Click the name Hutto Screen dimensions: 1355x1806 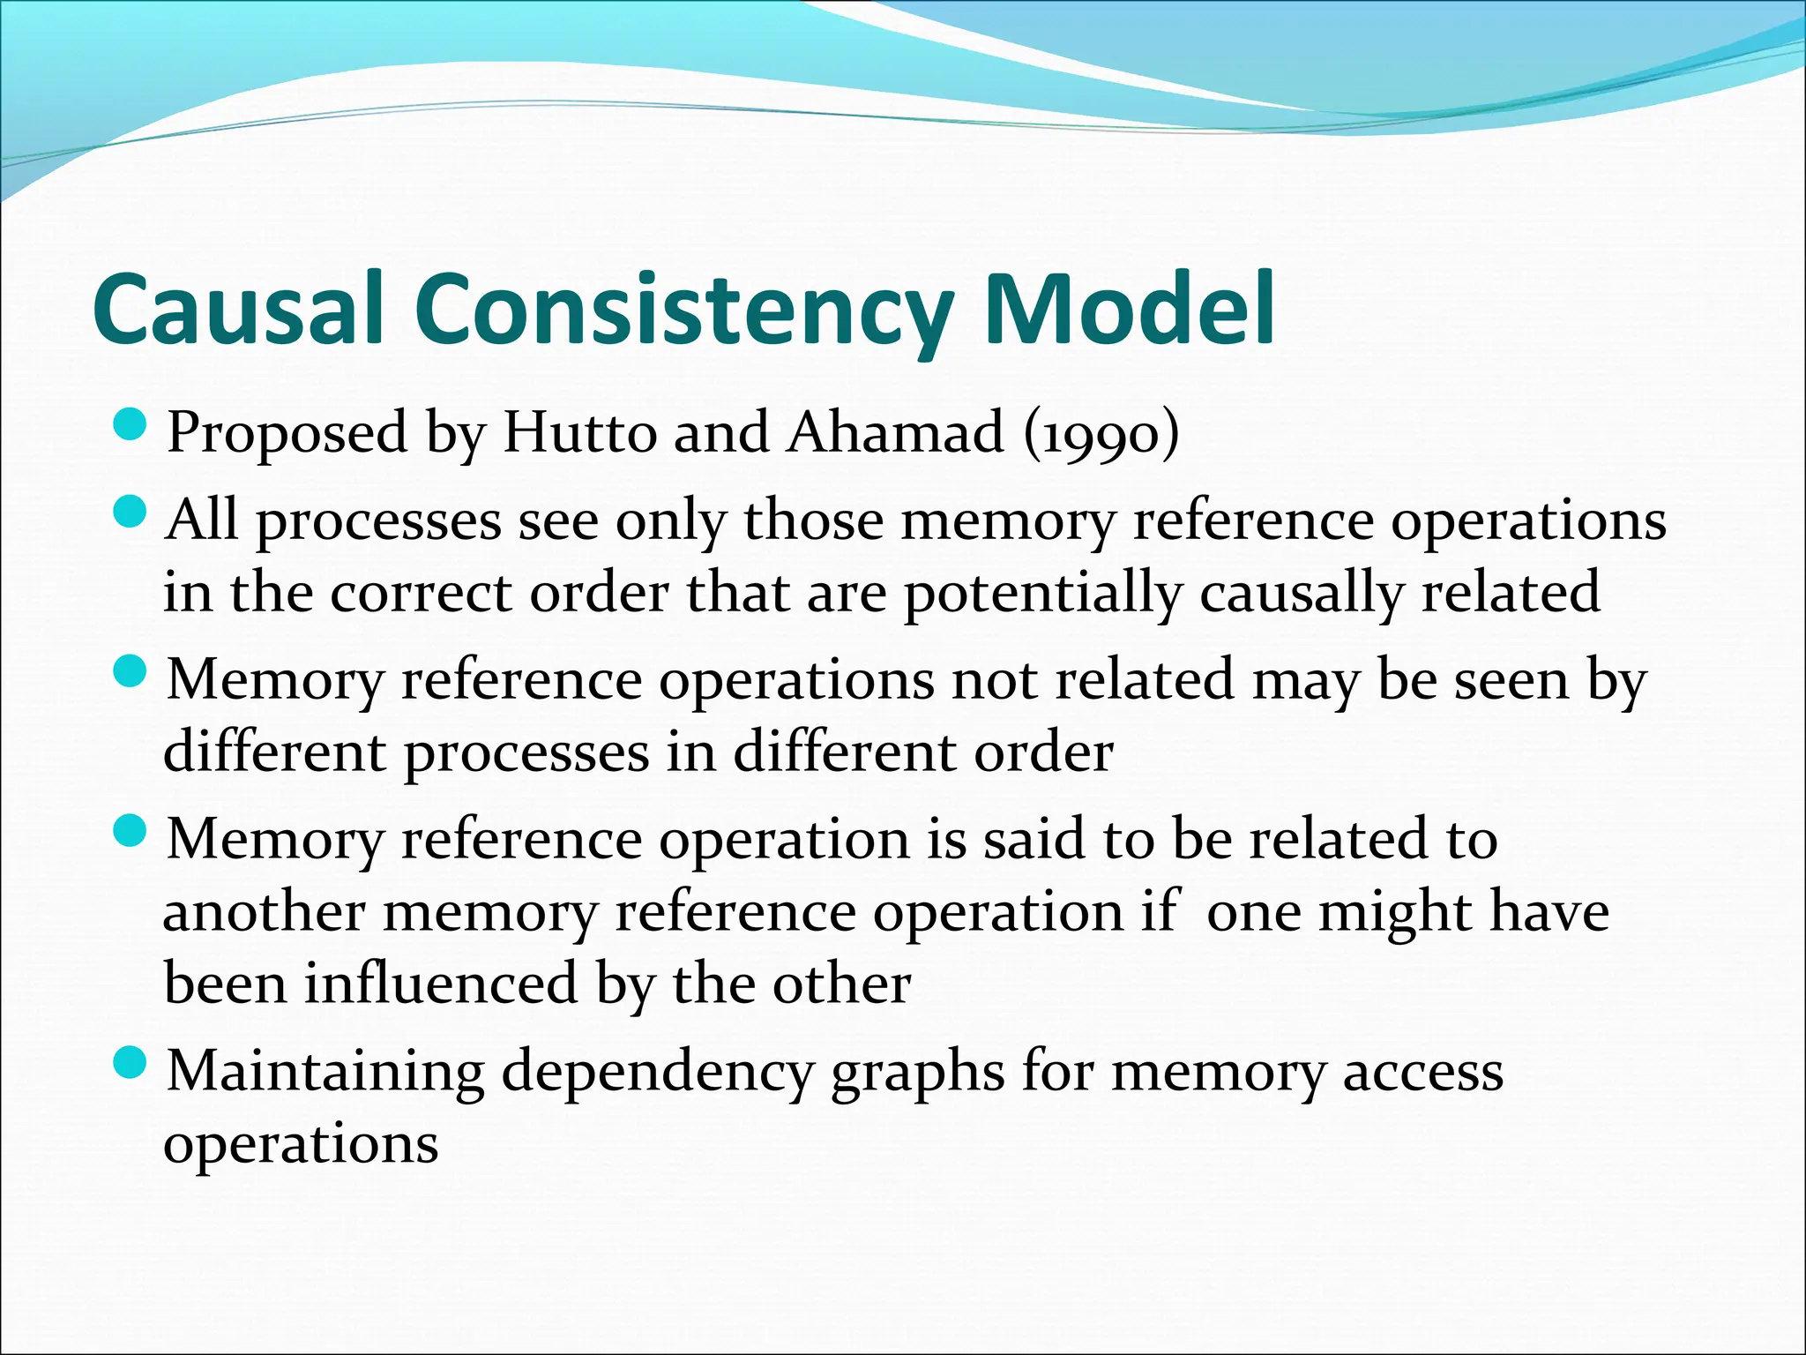[580, 433]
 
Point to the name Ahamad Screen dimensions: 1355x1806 [896, 433]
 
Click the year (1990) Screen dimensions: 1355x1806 [1101, 433]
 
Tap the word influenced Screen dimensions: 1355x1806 [441, 984]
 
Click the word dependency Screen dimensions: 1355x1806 [658, 1074]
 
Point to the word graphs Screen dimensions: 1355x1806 [917, 1074]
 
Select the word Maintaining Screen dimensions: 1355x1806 [325, 1072]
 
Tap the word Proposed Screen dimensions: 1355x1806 [288, 433]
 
